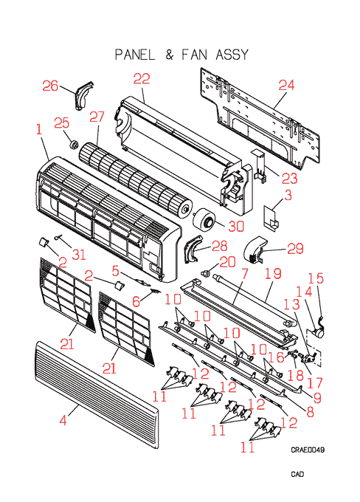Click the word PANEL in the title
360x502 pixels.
tap(135, 55)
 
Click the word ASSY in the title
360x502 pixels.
tap(232, 55)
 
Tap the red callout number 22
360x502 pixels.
tap(142, 79)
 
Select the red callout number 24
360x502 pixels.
tap(286, 85)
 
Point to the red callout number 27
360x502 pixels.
tap(97, 117)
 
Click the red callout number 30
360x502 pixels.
tap(236, 226)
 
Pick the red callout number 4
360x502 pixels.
tap(63, 420)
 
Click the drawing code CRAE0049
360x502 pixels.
tap(308, 450)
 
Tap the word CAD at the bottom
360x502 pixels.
tap(297, 474)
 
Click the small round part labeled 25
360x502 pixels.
tap(74, 145)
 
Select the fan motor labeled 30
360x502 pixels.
tap(204, 219)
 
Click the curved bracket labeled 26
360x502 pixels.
tap(84, 95)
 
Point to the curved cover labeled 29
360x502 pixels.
tap(256, 250)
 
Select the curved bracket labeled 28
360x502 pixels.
tap(193, 249)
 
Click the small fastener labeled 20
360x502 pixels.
tap(206, 273)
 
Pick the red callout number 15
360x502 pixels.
tap(316, 278)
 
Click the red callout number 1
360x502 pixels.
tap(39, 129)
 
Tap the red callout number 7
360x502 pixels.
tap(244, 273)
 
